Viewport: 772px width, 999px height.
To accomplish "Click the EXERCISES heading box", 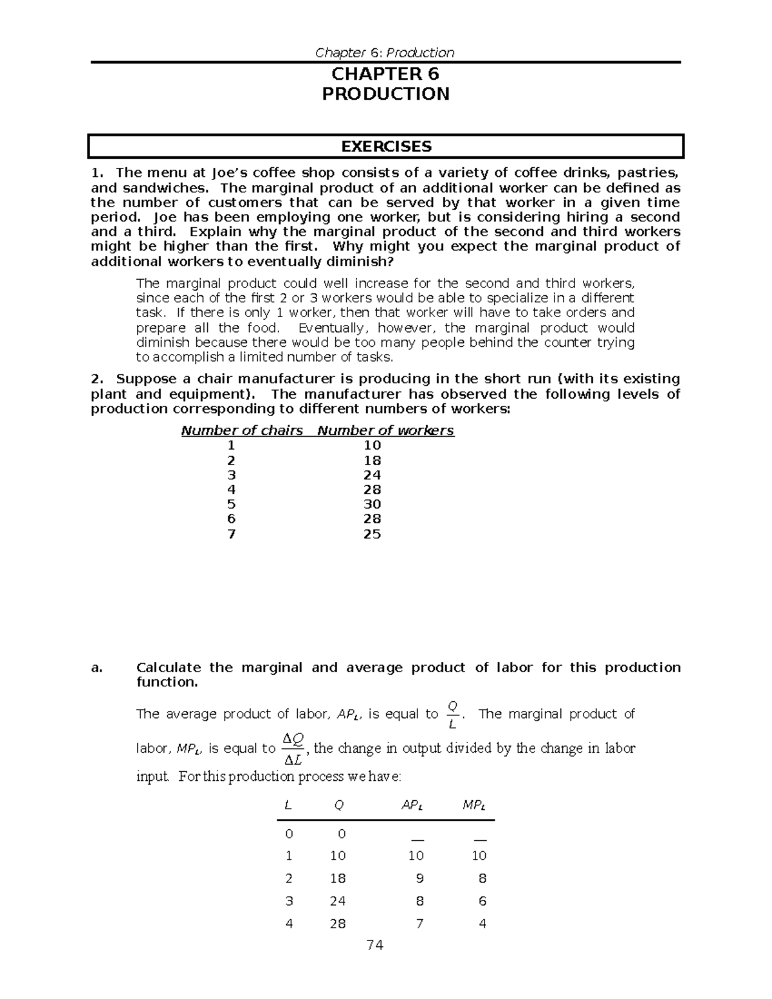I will click(x=385, y=147).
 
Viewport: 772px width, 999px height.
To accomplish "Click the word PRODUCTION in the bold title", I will click(x=385, y=94).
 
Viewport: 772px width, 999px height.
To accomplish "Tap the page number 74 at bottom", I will click(x=374, y=945).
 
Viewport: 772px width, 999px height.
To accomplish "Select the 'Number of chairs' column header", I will click(x=242, y=430).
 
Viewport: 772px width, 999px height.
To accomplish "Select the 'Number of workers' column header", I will click(x=385, y=430).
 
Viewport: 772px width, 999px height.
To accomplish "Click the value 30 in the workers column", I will click(x=372, y=504).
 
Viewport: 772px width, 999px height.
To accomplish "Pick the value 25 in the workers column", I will click(x=372, y=534).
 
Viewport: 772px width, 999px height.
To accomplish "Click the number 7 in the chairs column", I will click(x=231, y=534).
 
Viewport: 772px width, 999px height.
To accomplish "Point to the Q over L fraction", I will click(x=452, y=715).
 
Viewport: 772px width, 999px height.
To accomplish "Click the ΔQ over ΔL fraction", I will click(x=293, y=749).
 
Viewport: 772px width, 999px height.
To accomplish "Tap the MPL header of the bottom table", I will click(x=474, y=805).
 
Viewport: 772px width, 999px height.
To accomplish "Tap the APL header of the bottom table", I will click(x=412, y=805).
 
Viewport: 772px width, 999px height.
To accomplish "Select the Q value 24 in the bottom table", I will click(x=338, y=901).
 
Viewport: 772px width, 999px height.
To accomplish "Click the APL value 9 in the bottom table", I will click(x=420, y=878).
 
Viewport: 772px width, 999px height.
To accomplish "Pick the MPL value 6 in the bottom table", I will click(x=482, y=901).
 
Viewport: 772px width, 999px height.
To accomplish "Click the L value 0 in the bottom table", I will click(x=289, y=834).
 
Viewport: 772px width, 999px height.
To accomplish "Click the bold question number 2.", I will click(x=96, y=379).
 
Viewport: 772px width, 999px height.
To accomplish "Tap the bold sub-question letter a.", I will click(x=96, y=668).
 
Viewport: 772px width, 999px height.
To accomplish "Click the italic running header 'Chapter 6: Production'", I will click(x=385, y=53).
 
